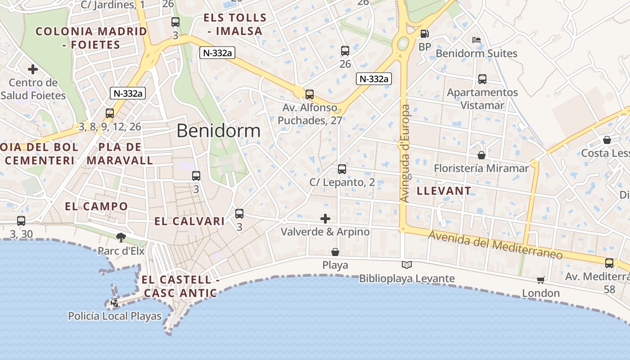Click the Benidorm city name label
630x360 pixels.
click(x=218, y=130)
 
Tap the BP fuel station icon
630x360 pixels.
click(x=424, y=34)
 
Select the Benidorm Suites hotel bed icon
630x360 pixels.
click(x=477, y=40)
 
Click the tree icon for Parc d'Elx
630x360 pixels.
click(x=121, y=237)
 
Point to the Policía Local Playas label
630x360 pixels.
click(x=115, y=316)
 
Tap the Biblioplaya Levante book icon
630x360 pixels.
click(x=407, y=265)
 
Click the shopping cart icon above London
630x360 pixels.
click(x=540, y=280)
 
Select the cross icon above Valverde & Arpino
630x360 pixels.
click(x=325, y=219)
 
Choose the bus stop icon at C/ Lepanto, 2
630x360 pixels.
click(x=342, y=169)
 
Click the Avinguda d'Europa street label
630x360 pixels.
click(x=405, y=153)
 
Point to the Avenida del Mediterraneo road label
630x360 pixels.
click(x=495, y=245)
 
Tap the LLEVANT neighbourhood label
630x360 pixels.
click(x=444, y=191)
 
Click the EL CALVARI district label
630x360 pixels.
click(x=189, y=221)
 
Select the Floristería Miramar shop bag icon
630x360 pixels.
click(x=481, y=155)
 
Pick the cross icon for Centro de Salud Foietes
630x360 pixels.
click(x=32, y=69)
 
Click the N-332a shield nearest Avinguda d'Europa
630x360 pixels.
click(x=373, y=79)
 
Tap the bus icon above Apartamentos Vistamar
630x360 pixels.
click(x=482, y=79)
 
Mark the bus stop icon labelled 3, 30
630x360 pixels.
click(x=21, y=221)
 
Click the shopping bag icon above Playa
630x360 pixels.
click(x=335, y=252)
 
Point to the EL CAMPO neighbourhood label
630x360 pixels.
click(x=96, y=207)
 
